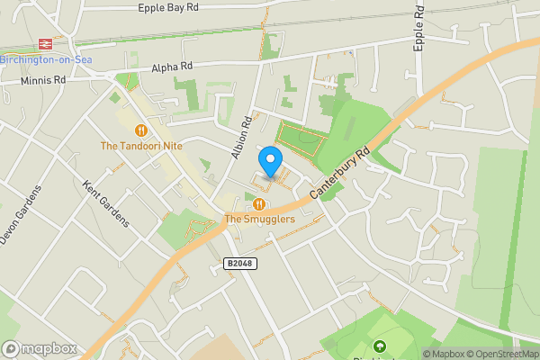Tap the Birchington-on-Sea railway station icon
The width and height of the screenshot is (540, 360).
42,43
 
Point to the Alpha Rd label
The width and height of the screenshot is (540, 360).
172,67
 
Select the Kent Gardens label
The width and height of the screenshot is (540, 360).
105,203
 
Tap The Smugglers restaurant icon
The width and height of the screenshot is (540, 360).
259,204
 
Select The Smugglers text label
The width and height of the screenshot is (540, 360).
259,219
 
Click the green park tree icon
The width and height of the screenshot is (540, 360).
379,346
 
